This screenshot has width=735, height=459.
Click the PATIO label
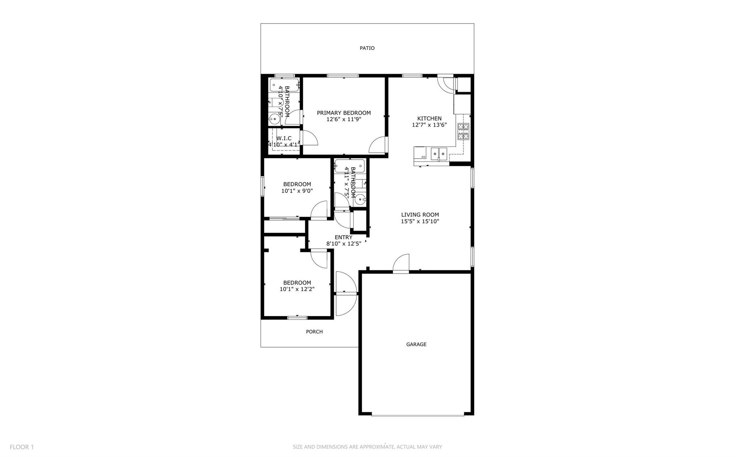click(367, 48)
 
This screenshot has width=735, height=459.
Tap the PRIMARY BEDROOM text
click(343, 113)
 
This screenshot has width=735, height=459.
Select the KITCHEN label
click(429, 118)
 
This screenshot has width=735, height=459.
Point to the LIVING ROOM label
click(420, 215)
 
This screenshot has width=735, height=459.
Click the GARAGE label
click(416, 344)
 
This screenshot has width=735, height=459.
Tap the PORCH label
click(314, 332)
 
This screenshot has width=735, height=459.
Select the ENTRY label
click(343, 237)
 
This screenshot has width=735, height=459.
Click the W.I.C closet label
click(284, 138)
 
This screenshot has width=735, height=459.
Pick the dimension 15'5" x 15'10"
click(420, 221)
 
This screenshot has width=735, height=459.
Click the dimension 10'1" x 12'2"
click(297, 289)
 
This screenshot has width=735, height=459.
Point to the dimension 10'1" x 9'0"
click(297, 191)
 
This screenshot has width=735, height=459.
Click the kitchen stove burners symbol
click(463, 131)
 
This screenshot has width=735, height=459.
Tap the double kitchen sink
click(439, 154)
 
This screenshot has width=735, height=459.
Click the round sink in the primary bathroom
click(275, 118)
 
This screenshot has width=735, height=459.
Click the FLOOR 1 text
click(22, 447)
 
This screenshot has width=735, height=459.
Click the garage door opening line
click(417, 416)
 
